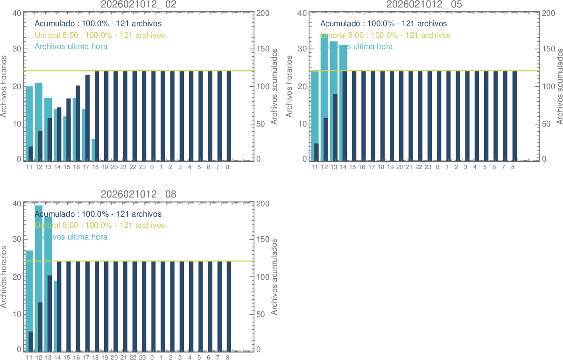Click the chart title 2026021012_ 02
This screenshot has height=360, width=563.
[x=139, y=4]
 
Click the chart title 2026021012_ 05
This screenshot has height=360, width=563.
[x=424, y=4]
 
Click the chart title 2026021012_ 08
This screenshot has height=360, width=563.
[x=139, y=194]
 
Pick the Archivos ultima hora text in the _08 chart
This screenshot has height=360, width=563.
[x=71, y=237]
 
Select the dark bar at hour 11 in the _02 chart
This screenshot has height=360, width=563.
[x=31, y=154]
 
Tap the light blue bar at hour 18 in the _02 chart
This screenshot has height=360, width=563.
[x=93, y=149]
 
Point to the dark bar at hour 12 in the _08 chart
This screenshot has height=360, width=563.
[x=40, y=327]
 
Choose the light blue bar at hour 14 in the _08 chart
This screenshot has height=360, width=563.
[x=55, y=315]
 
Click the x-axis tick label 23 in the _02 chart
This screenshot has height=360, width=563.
[x=142, y=167]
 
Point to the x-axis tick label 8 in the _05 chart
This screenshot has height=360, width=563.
[x=513, y=167]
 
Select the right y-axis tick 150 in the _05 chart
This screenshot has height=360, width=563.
[x=547, y=49]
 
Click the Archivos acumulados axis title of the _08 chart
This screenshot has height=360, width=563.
[x=274, y=276]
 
